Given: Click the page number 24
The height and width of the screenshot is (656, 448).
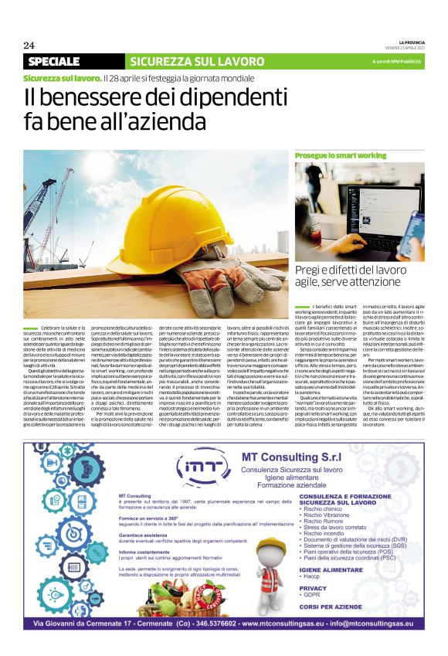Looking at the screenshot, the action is (x=30, y=44).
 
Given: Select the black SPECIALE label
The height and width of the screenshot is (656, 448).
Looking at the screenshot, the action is (x=55, y=61).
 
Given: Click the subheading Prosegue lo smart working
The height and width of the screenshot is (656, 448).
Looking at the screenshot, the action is (x=330, y=156).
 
